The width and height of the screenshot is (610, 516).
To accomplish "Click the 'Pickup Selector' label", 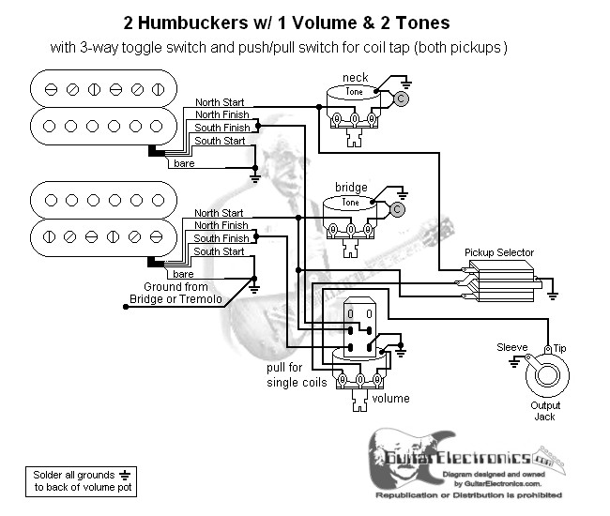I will pyautogui.click(x=499, y=253).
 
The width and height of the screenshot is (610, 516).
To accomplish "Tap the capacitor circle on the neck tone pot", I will pyautogui.click(x=400, y=98).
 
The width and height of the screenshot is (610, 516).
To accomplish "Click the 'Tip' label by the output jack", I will pyautogui.click(x=560, y=347).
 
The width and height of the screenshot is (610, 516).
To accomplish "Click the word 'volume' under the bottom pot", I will pyautogui.click(x=391, y=399).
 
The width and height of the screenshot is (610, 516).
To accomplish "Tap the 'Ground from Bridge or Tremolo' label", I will pyautogui.click(x=175, y=293).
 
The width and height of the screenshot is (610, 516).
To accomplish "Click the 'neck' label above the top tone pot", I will pyautogui.click(x=356, y=77).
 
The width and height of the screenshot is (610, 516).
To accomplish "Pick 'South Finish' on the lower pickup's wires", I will pyautogui.click(x=221, y=238).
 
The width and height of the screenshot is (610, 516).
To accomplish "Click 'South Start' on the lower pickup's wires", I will pyautogui.click(x=219, y=251).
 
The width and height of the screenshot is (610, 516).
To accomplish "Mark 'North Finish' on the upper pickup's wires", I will pyautogui.click(x=221, y=114).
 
